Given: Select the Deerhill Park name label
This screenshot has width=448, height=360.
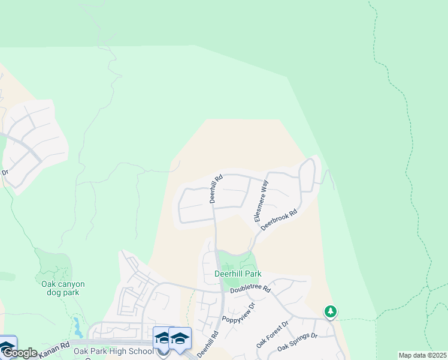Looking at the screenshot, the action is coord(238,274).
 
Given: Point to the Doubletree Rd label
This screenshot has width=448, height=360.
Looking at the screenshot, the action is coord(251,289).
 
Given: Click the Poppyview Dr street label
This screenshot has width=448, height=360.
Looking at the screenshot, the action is coord(238,313).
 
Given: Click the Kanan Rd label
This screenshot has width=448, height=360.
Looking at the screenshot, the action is coord(55,350).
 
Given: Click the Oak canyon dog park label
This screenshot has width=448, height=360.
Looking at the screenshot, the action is coord(63,288).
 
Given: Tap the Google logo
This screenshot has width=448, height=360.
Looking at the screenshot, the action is coord(19,353).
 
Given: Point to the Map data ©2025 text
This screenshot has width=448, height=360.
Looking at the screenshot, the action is coord(422,355).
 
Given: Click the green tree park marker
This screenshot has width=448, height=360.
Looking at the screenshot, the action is coord(330,311).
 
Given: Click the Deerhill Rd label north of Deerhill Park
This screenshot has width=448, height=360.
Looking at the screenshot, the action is coord(216,188).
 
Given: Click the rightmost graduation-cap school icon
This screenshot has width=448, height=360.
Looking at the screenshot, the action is coord(180,338).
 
